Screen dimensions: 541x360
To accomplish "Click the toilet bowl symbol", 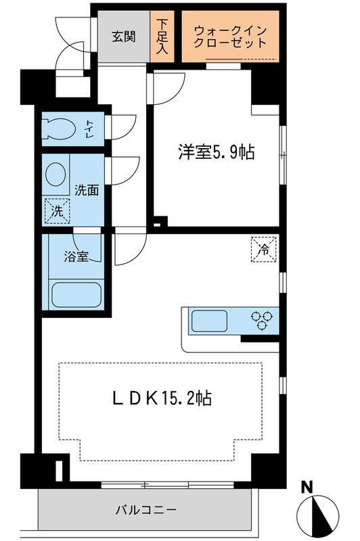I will [x=56, y=128].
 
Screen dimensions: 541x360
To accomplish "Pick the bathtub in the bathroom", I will [x=76, y=296].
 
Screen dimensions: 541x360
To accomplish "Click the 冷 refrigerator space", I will [x=265, y=248].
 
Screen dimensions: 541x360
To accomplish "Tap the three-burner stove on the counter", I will [x=263, y=319].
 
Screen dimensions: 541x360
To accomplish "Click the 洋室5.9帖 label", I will [x=216, y=153].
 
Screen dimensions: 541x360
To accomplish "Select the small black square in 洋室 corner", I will [x=158, y=220].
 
